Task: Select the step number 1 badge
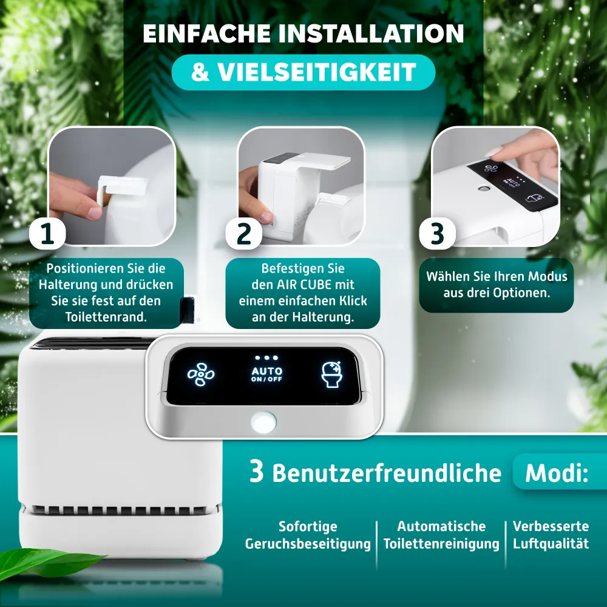[47, 234]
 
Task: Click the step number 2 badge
[244, 234]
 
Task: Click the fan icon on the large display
[200, 375]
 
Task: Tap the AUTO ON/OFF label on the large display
[266, 375]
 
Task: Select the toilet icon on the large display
[332, 375]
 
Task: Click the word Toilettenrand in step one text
[106, 317]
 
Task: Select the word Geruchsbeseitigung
[308, 544]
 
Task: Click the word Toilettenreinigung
[441, 544]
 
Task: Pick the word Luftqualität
[551, 543]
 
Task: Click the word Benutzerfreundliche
[387, 473]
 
